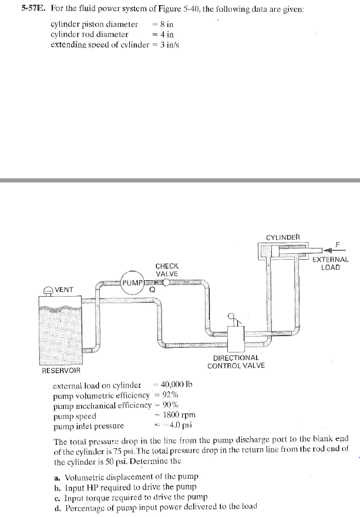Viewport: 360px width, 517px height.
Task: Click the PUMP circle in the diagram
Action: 133,283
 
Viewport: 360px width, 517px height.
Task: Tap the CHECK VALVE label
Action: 167,270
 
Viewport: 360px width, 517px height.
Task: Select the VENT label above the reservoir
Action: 64,290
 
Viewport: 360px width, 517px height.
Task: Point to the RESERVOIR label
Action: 61,371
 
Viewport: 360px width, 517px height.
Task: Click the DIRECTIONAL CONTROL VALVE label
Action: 235,361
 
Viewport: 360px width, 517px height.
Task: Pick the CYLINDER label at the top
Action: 282,237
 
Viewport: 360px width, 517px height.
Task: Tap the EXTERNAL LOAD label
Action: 330,263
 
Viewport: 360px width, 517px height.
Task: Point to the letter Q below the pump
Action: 152,290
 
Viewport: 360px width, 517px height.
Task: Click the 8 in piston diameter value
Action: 167,24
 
